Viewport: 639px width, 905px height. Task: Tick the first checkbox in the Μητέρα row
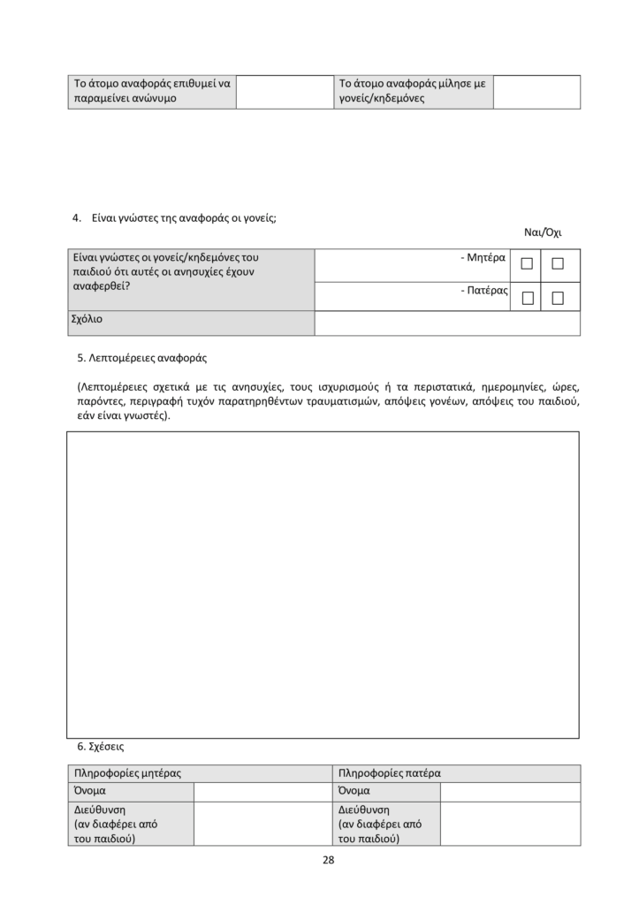tap(528, 263)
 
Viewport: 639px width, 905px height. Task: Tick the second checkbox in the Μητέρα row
tap(558, 263)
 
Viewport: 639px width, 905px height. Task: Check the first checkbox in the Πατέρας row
tap(528, 298)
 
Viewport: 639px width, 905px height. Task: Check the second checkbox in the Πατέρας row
tap(558, 298)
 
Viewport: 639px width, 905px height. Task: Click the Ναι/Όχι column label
tap(543, 233)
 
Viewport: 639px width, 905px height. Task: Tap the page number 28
tap(329, 860)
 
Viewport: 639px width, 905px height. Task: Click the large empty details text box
tap(323, 584)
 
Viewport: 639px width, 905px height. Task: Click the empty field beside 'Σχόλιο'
tap(447, 323)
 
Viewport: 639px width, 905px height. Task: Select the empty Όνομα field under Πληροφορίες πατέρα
tap(510, 791)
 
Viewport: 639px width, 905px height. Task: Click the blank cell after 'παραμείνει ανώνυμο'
tap(282, 92)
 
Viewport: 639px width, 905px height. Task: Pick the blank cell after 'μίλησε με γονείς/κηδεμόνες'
tap(536, 92)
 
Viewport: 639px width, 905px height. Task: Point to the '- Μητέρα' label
tap(483, 258)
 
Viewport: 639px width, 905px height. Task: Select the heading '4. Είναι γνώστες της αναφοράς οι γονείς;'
tap(174, 218)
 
